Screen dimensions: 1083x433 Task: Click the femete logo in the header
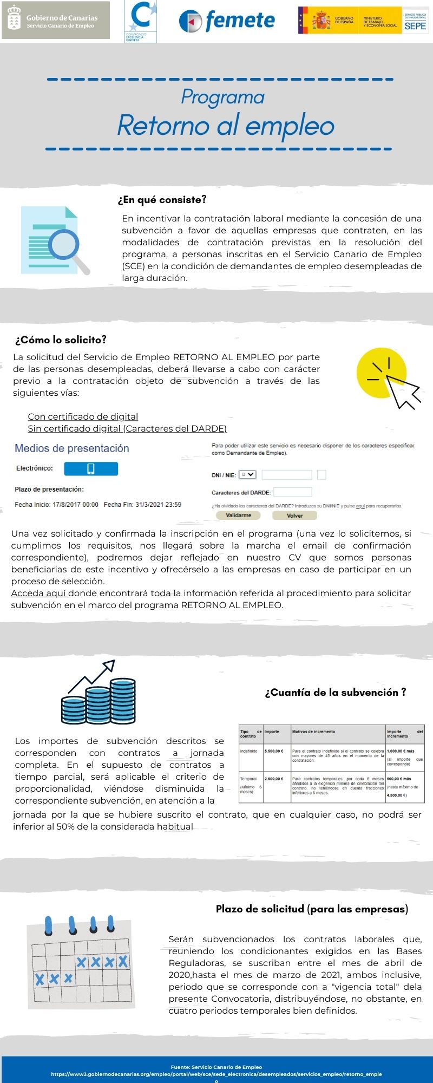[227, 21]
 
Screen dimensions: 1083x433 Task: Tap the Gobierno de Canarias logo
[56, 21]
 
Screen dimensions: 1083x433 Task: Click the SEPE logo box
[415, 21]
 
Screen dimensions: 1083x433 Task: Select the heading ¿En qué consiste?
[162, 200]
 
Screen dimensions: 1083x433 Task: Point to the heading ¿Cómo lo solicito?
[61, 340]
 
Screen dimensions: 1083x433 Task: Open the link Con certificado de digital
[83, 416]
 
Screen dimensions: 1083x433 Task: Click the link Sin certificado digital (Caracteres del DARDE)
[127, 428]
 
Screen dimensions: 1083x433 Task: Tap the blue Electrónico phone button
[91, 468]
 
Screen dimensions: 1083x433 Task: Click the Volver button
[294, 516]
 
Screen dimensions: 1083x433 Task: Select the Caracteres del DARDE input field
[293, 492]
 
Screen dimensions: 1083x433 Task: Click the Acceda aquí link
[39, 593]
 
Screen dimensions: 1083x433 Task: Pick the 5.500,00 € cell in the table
[274, 752]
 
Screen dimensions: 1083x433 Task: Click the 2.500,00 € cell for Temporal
[274, 779]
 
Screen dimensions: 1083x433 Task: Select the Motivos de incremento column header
[314, 732]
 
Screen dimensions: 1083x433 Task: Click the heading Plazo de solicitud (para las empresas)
[312, 909]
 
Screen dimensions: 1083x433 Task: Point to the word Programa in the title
[222, 97]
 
